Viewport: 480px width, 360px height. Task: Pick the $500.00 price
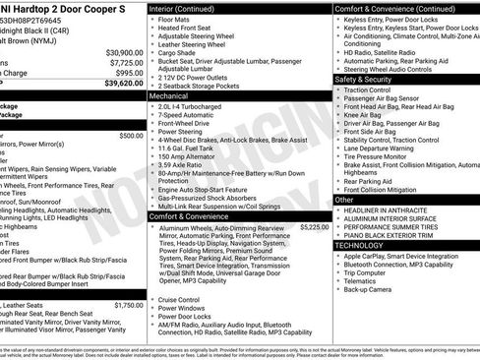coord(130,135)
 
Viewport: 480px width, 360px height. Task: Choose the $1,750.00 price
coord(128,306)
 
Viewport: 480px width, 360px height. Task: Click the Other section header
coord(344,200)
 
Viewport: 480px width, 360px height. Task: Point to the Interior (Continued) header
coord(188,7)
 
